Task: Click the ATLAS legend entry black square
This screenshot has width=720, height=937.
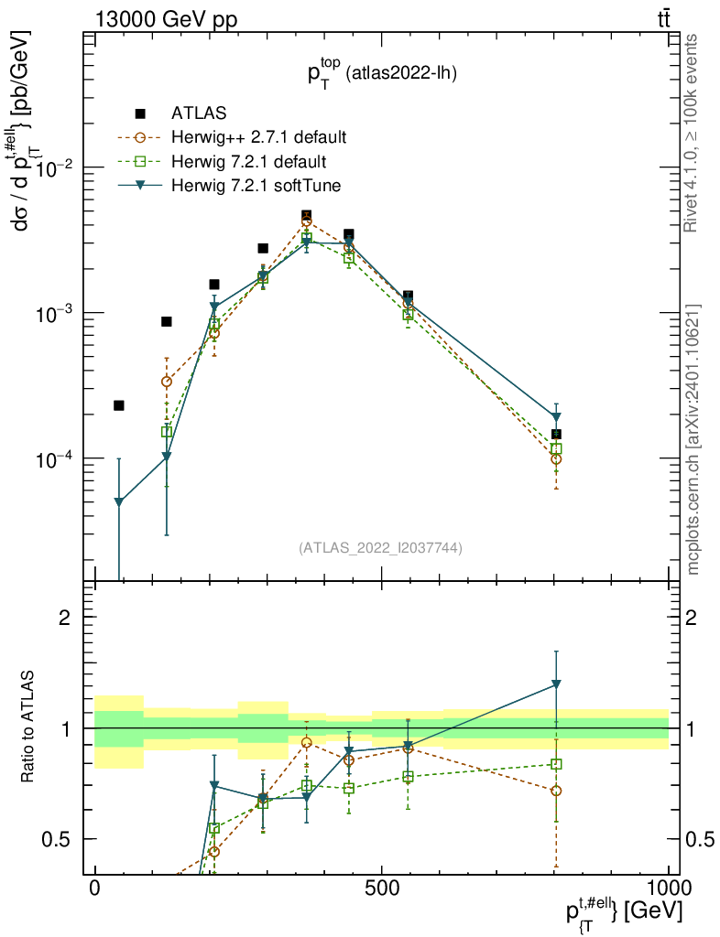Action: pos(140,113)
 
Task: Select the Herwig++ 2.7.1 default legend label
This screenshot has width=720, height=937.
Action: pos(258,138)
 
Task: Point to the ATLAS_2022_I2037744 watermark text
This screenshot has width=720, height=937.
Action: pos(379,548)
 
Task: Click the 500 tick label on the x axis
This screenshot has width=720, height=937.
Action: pos(381,889)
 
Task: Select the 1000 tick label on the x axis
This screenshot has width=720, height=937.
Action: pos(668,889)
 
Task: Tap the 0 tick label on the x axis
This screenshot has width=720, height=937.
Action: pos(95,889)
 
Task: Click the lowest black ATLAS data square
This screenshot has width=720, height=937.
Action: pos(556,434)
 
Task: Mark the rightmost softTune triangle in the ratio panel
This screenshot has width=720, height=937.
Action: pos(556,684)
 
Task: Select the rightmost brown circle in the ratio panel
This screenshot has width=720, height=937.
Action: pos(556,791)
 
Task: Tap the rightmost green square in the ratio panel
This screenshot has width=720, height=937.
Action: pos(556,764)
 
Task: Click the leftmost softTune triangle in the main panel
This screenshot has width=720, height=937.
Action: pos(118,502)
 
